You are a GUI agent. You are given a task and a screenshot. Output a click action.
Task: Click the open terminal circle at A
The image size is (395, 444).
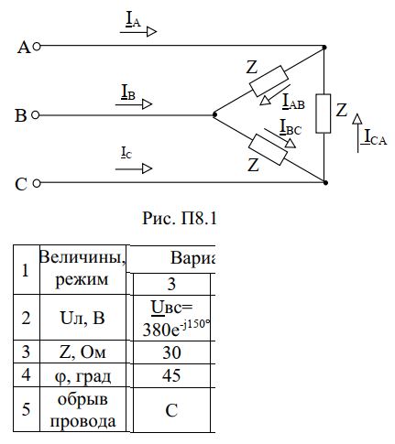pyautogui.click(x=37, y=47)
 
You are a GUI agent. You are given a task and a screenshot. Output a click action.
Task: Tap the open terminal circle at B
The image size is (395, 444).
pyautogui.click(x=36, y=115)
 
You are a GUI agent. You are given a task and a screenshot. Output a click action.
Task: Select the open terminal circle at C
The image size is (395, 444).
pyautogui.click(x=37, y=183)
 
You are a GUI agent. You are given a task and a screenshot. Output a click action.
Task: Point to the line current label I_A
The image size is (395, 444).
pyautogui.click(x=133, y=19)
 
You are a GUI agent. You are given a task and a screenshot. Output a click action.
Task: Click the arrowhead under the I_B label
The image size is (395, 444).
pyautogui.click(x=148, y=104)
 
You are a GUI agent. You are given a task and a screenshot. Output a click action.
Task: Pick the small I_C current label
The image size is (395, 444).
pyautogui.click(x=126, y=153)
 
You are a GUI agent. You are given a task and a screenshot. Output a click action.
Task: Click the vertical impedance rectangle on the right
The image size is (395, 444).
pyautogui.click(x=323, y=114)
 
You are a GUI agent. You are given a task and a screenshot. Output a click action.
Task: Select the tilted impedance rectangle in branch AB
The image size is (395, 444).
pyautogui.click(x=269, y=81)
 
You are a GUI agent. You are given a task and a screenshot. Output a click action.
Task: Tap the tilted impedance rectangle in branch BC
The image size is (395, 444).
pyautogui.click(x=268, y=149)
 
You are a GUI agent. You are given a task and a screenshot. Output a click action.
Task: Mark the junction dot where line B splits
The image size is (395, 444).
pyautogui.click(x=214, y=114)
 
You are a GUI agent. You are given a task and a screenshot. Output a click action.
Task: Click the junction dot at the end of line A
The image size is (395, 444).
pyautogui.click(x=324, y=48)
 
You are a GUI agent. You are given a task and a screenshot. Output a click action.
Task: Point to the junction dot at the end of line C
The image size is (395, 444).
pyautogui.click(x=325, y=182)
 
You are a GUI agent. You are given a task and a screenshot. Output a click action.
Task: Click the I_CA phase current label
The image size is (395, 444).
pyautogui.click(x=375, y=137)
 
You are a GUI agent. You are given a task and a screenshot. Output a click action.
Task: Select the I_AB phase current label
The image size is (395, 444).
pyautogui.click(x=293, y=102)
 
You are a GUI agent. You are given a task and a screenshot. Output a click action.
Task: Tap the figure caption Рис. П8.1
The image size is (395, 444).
pyautogui.click(x=180, y=219)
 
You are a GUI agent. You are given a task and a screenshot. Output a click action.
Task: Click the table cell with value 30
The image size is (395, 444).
pyautogui.click(x=171, y=352)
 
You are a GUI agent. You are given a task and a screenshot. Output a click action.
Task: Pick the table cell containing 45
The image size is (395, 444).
pyautogui.click(x=171, y=375)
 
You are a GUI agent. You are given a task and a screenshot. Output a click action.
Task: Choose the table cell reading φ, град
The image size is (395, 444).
pyautogui.click(x=82, y=375)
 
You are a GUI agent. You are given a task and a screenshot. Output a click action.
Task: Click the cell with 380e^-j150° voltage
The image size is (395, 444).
pyautogui.click(x=171, y=318)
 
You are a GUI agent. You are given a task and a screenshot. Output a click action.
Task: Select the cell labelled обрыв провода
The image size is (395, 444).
pyautogui.click(x=82, y=409)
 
